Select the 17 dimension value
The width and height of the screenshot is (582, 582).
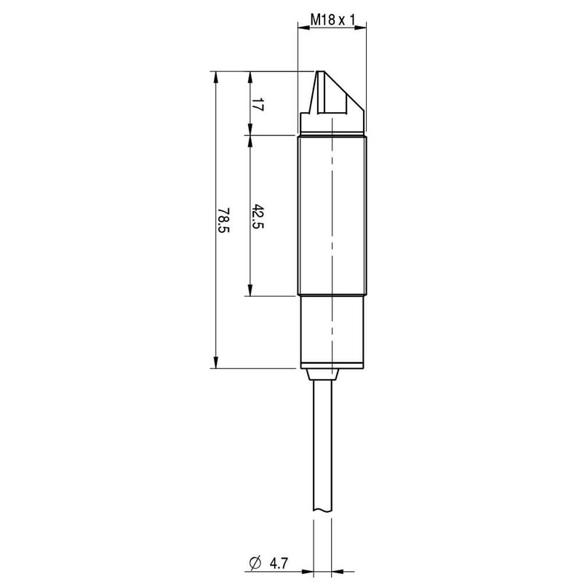pyautogui.click(x=255, y=103)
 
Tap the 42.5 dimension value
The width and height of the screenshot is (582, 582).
pyautogui.click(x=257, y=217)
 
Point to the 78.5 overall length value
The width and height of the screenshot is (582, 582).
pyautogui.click(x=223, y=220)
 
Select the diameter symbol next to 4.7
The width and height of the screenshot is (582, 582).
pyautogui.click(x=255, y=563)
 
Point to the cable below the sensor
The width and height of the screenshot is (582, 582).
pyautogui.click(x=324, y=451)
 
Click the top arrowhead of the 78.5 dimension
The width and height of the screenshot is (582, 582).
pyautogui.click(x=215, y=77)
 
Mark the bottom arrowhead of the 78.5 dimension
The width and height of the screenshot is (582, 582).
pyautogui.click(x=215, y=362)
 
